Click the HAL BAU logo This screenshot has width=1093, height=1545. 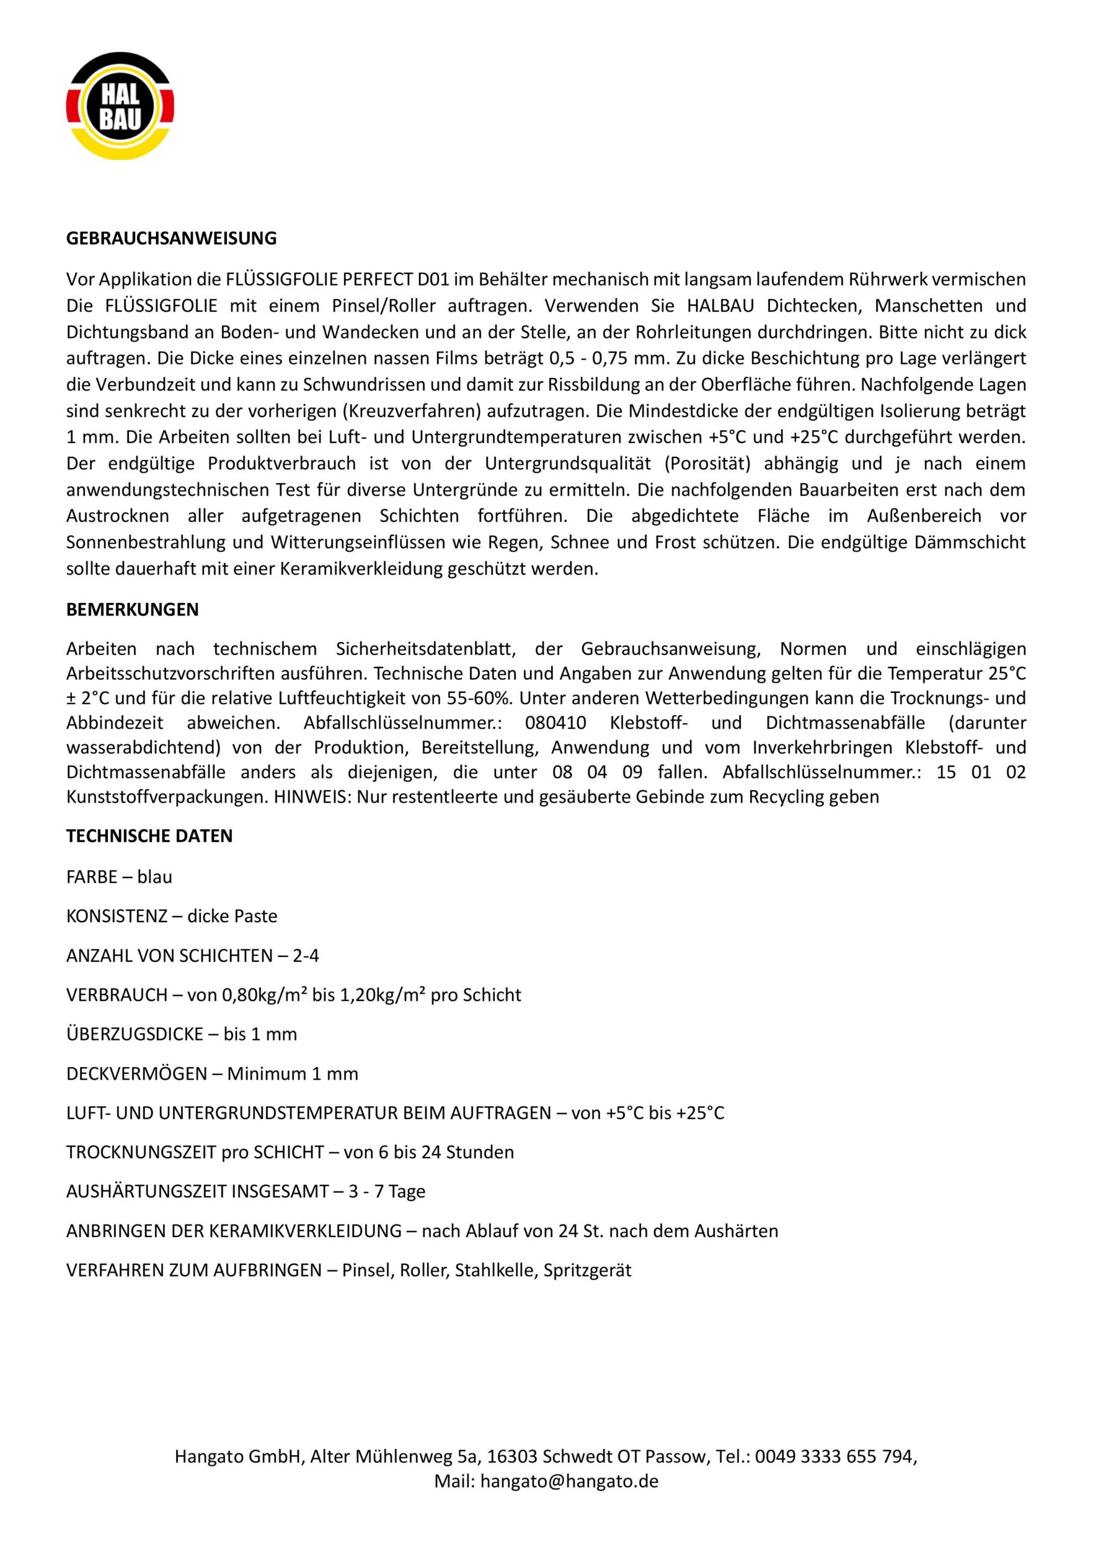point(119,106)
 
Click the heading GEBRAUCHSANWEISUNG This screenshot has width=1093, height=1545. point(171,238)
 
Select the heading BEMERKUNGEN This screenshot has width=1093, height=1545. point(133,610)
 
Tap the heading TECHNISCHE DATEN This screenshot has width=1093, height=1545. point(150,836)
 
